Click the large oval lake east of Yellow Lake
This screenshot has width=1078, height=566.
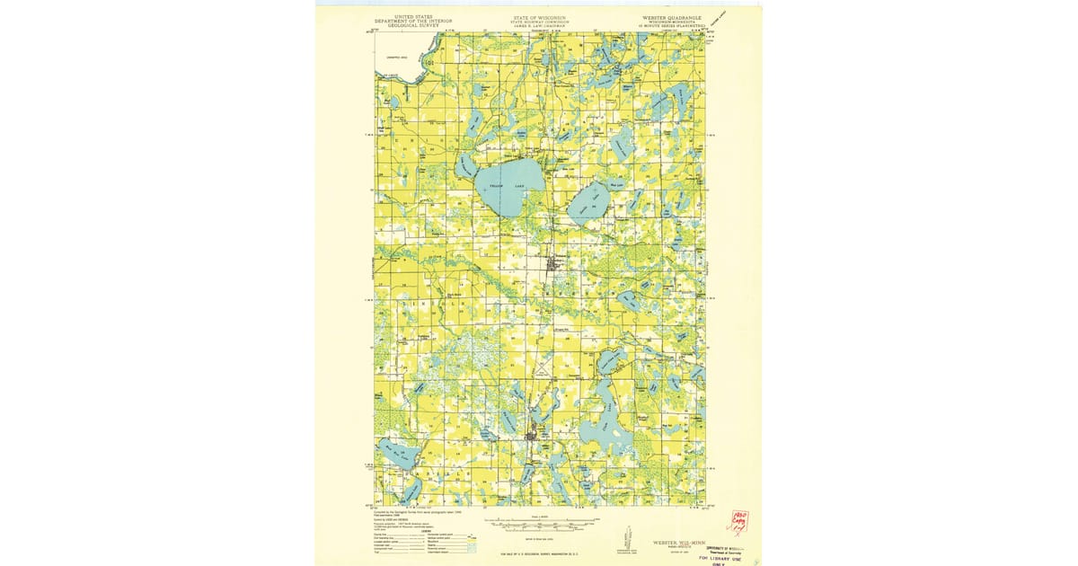coord(589,201)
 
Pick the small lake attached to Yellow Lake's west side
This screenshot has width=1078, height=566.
coord(464,165)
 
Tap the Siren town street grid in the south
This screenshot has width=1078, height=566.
coord(533,437)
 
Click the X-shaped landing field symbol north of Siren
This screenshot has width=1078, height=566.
coord(542,372)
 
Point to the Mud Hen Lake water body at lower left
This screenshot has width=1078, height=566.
coord(394,454)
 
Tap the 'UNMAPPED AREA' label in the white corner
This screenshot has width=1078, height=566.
coord(386,57)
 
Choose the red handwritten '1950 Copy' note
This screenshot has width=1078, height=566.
coord(738,522)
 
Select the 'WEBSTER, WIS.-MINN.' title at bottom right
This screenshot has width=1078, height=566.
coord(667,544)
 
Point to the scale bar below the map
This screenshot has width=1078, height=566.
coord(538,528)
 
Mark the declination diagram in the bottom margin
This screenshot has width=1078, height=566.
coord(623,539)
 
